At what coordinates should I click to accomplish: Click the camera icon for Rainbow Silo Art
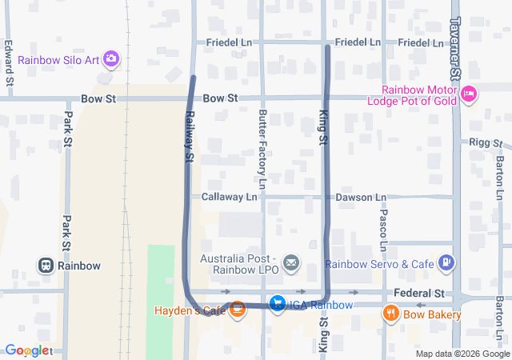pos(111,59)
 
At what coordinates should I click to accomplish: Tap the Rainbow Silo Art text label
pos(59,59)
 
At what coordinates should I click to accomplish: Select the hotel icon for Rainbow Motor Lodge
pos(470,94)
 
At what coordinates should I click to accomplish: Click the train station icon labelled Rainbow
pos(46,266)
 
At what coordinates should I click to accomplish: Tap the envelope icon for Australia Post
pos(291,262)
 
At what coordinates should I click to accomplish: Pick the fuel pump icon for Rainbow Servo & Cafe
pos(447,262)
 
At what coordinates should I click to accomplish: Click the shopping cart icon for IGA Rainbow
pos(277,304)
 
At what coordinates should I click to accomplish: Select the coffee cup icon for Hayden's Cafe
pos(237,309)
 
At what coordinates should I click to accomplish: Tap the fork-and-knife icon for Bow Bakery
pos(391,314)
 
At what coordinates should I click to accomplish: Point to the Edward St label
pos(9,63)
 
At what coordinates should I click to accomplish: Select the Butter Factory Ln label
pos(262,144)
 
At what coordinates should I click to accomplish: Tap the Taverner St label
pos(455,49)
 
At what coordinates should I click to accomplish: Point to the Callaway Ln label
pos(229,196)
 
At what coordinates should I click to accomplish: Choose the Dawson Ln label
pos(360,196)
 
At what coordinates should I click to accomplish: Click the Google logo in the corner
pos(27,350)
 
